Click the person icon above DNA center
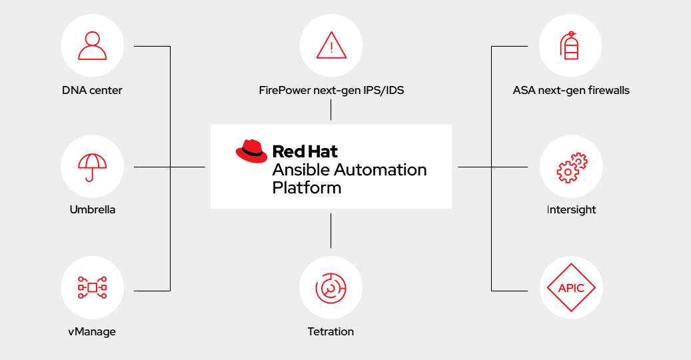tap(92, 46)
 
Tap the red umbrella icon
tap(92, 167)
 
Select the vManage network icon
tap(92, 287)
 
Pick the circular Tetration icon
tap(331, 287)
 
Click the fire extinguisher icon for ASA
tap(570, 46)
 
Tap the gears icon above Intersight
tap(571, 167)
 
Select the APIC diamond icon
tap(571, 288)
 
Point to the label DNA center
tap(92, 90)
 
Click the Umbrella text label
tap(93, 210)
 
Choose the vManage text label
tap(92, 331)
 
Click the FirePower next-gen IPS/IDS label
tap(331, 90)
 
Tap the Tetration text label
tap(331, 331)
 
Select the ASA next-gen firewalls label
tap(571, 90)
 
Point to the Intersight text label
tap(571, 210)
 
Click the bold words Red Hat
tap(305, 151)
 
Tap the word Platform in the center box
tap(307, 188)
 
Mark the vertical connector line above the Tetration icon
tap(331, 231)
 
